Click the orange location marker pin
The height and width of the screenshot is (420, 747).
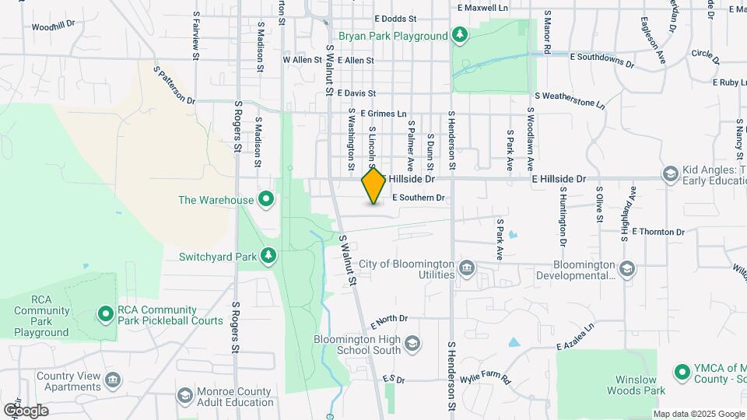pyautogui.click(x=374, y=185)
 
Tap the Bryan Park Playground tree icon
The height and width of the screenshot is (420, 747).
pyautogui.click(x=460, y=35)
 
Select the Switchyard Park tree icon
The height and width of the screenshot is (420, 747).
pyautogui.click(x=268, y=255)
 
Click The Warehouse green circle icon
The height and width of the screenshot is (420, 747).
pyautogui.click(x=266, y=200)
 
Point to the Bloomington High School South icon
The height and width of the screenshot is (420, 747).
pyautogui.click(x=412, y=345)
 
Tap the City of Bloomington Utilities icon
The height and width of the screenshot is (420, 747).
pyautogui.click(x=467, y=269)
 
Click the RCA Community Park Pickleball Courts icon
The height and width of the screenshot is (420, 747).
pyautogui.click(x=106, y=313)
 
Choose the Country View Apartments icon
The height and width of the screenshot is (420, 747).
pyautogui.click(x=114, y=380)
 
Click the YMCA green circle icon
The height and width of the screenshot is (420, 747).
pyautogui.click(x=682, y=373)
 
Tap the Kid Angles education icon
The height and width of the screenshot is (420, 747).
pyautogui.click(x=670, y=174)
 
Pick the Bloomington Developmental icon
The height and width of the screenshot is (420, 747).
pyautogui.click(x=627, y=270)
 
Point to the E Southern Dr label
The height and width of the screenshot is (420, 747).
pyautogui.click(x=418, y=198)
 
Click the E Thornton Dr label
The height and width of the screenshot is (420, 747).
pyautogui.click(x=658, y=232)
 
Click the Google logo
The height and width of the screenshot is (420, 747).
pyautogui.click(x=26, y=410)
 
